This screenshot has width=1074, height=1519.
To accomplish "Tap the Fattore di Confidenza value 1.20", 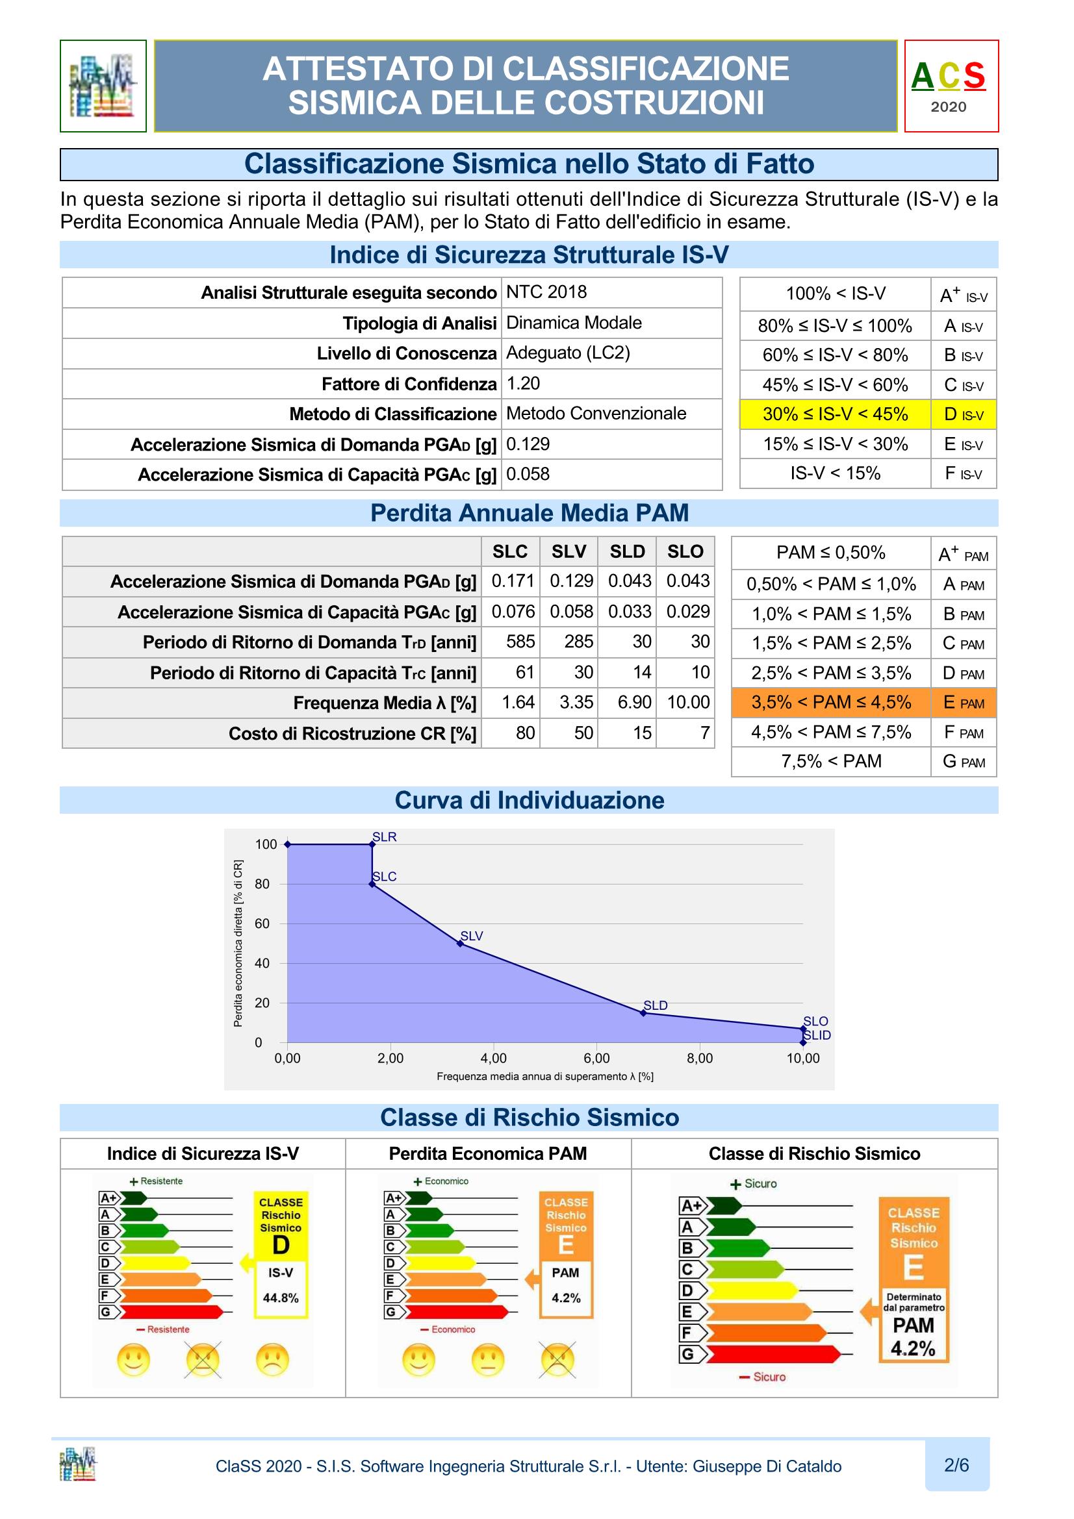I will pyautogui.click(x=523, y=384).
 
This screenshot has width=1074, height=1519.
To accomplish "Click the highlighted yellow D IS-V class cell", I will pyautogui.click(x=963, y=414).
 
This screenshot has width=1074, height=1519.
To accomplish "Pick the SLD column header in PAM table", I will pyautogui.click(x=627, y=552).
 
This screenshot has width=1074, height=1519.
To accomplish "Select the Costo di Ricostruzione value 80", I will pyautogui.click(x=525, y=733).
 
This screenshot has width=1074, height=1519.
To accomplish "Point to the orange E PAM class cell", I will pyautogui.click(x=963, y=703).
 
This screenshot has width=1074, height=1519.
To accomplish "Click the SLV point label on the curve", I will pyautogui.click(x=472, y=935).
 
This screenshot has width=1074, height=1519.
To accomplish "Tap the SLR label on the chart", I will pyautogui.click(x=385, y=837).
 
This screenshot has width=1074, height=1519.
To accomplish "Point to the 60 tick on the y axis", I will pyautogui.click(x=262, y=923).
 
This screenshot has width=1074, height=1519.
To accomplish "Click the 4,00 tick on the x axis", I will pyautogui.click(x=494, y=1058).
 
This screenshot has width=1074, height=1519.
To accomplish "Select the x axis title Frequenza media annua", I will pyautogui.click(x=544, y=1076).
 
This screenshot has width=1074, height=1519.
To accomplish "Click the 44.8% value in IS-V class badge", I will pyautogui.click(x=281, y=1298).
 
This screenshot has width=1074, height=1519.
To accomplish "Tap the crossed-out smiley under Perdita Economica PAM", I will pyautogui.click(x=558, y=1361).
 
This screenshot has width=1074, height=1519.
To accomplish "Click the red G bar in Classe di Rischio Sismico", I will pyautogui.click(x=771, y=1354).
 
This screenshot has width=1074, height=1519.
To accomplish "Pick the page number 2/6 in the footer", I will pyautogui.click(x=956, y=1465).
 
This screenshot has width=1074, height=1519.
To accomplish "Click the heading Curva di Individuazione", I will pyautogui.click(x=530, y=801).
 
